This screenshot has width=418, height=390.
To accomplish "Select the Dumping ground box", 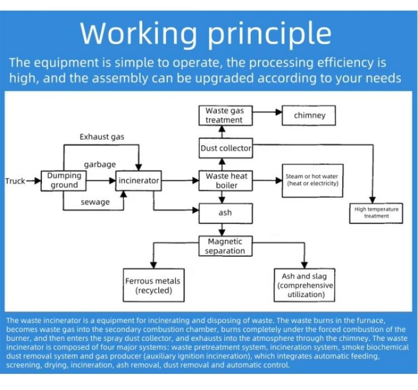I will tap(64, 181).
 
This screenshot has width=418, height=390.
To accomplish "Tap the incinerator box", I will tap(138, 181).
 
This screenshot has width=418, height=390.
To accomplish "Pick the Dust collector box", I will tap(226, 148).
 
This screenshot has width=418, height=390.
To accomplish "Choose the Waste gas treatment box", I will tap(224, 115).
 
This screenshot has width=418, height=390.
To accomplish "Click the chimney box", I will tap(309, 115).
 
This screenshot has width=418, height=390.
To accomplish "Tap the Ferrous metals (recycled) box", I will tap(153, 286).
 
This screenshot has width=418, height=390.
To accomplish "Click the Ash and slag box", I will tap(305, 286).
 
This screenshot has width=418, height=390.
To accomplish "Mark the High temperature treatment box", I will tap(376, 212).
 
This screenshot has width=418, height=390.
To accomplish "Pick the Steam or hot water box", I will tap(312, 180).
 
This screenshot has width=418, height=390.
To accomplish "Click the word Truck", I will tap(15, 181).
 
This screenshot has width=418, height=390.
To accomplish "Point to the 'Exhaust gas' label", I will tap(102, 137).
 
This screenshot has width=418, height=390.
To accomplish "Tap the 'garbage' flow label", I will tap(100, 164).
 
